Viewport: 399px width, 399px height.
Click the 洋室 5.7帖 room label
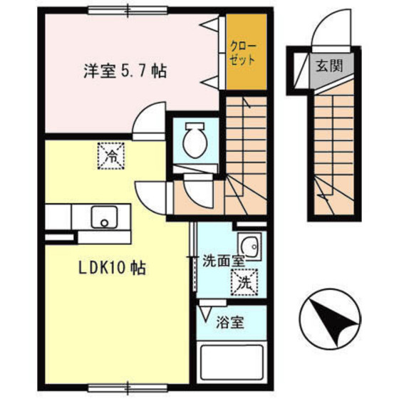(x=125, y=71)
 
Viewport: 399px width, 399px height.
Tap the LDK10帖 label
(x=112, y=268)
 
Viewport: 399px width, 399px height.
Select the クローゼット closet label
(x=242, y=53)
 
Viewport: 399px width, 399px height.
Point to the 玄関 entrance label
(x=330, y=66)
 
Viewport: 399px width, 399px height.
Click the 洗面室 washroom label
(x=224, y=261)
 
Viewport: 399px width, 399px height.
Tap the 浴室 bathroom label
(x=230, y=322)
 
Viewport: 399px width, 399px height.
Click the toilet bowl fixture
(x=195, y=140)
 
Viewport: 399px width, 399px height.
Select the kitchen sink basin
(x=105, y=217)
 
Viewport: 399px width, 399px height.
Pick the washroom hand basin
(x=249, y=246)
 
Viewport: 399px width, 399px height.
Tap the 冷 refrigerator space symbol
(x=111, y=156)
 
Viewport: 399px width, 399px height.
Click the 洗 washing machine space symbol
(x=244, y=282)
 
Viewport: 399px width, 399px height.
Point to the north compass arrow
(x=331, y=319)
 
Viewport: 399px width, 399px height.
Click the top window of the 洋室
(x=128, y=11)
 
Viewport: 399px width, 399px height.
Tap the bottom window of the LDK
(x=128, y=388)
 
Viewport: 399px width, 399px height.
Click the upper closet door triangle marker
(x=209, y=24)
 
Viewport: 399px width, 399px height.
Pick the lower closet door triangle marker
(x=209, y=82)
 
